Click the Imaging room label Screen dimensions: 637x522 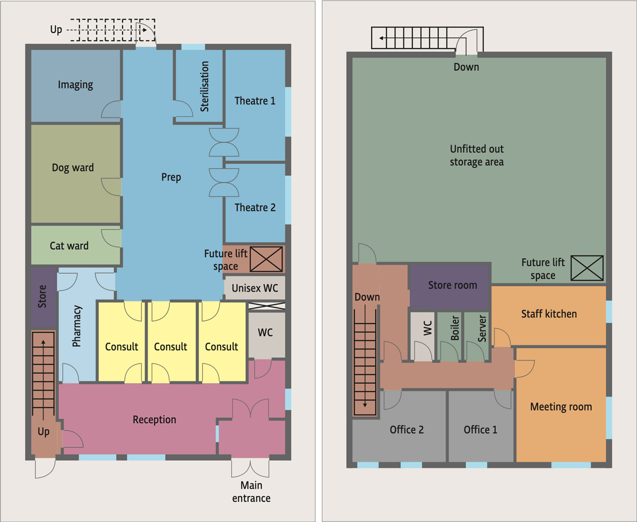(75, 85)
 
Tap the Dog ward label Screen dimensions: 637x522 (73, 168)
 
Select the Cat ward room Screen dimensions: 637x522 (76, 245)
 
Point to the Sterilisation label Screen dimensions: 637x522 (204, 87)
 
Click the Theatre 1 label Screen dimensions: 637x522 (255, 101)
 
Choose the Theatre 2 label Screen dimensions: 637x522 (255, 208)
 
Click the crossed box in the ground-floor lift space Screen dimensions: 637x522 (266, 259)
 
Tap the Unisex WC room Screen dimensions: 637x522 (255, 288)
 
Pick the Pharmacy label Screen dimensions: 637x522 (77, 326)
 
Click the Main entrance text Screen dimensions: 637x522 (251, 492)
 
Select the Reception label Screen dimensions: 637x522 (154, 420)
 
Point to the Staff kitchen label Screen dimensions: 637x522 (549, 314)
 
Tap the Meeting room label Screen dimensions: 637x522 (561, 407)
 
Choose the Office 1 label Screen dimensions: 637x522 (480, 430)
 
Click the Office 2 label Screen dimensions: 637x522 (407, 430)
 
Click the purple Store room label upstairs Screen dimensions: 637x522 (452, 285)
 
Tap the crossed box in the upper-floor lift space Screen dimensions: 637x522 (587, 268)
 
